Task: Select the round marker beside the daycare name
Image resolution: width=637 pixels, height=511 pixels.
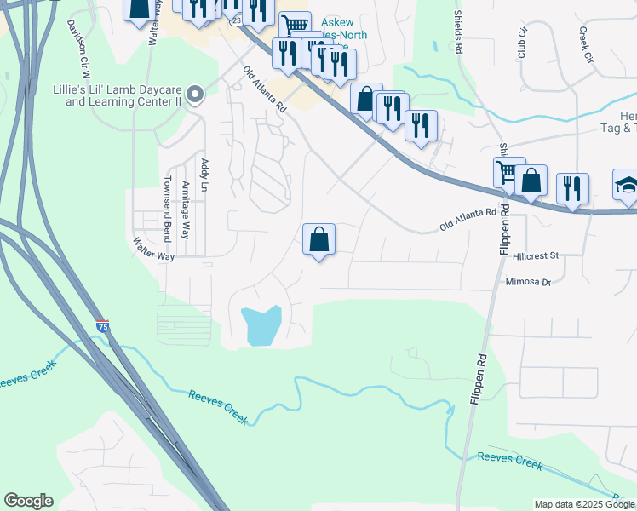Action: pos(195,94)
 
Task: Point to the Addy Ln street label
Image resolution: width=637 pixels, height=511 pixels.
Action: pos(204,175)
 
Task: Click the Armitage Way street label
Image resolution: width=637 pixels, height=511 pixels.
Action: pos(186,204)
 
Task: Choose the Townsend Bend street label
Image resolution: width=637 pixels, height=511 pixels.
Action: pos(167,209)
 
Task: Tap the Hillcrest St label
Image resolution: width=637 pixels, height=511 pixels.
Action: pos(535,255)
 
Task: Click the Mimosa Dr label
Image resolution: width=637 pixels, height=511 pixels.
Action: pos(529,282)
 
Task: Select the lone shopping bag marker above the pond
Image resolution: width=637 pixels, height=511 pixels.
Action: pos(318,239)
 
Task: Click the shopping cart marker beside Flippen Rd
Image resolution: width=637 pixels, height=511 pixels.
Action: pos(508,173)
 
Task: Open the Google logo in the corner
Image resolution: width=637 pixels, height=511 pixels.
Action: pos(28,501)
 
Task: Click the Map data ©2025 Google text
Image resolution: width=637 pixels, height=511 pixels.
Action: pos(584,504)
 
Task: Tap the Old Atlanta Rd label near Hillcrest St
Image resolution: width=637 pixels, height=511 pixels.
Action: pos(468,220)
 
